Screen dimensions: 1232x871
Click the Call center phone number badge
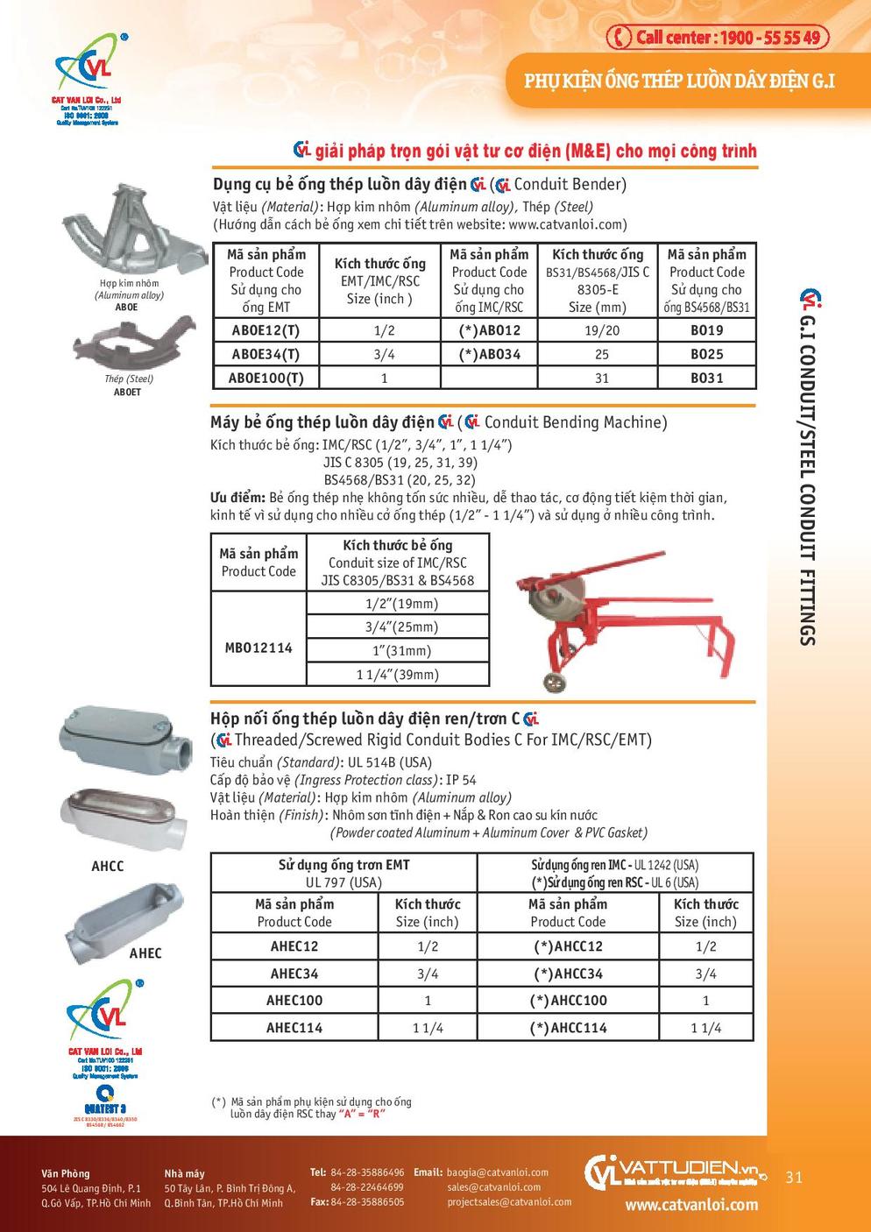718,37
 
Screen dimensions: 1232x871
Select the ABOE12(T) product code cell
266,330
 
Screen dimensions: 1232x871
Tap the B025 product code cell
706,354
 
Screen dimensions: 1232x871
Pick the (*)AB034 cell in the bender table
489,354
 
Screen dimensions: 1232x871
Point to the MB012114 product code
258,648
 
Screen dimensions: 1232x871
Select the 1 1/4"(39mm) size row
397,674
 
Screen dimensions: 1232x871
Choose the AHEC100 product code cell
294,1000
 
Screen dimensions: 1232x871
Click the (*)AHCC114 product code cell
568,1027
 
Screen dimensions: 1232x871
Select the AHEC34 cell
294,973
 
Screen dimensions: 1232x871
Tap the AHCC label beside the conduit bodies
108,866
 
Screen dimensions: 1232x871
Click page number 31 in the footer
794,1177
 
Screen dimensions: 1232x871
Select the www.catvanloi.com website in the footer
691,1205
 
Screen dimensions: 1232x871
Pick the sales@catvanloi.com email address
493,1187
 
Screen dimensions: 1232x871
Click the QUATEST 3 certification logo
105,1101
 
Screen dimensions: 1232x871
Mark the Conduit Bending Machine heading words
575,422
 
